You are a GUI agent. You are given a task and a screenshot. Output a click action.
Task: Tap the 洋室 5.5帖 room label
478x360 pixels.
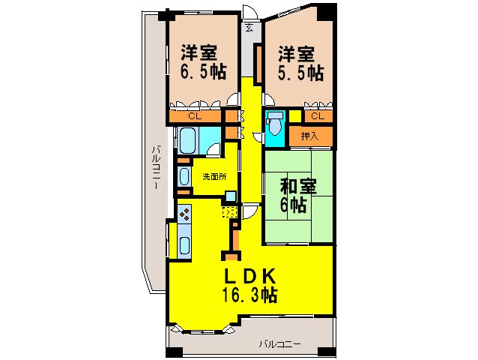pyautogui.click(x=300, y=63)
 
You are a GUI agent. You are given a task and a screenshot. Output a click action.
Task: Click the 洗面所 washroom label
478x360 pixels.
pyautogui.click(x=214, y=177)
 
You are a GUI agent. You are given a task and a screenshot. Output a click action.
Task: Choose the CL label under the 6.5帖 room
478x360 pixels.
pyautogui.click(x=194, y=116)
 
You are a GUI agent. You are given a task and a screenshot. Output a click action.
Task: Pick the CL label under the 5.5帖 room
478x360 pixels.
pyautogui.click(x=317, y=115)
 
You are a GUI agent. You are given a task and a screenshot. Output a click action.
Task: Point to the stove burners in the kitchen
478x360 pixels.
pyautogui.click(x=184, y=215)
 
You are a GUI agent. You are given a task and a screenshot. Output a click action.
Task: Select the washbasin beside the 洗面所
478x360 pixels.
pyautogui.click(x=184, y=177)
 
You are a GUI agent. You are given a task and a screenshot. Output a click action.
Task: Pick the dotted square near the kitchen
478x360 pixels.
pyautogui.click(x=231, y=212)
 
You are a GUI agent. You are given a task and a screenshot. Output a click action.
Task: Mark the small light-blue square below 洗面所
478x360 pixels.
pyautogui.click(x=231, y=196)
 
